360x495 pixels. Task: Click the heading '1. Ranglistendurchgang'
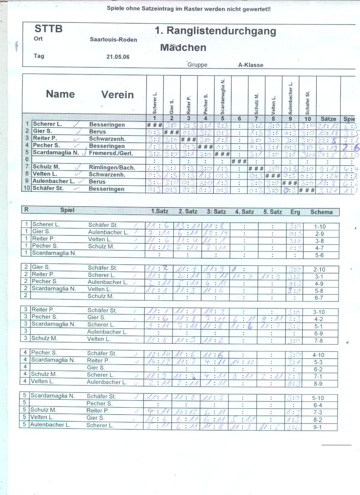[x=215, y=31]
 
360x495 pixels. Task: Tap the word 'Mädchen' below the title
[x=183, y=47]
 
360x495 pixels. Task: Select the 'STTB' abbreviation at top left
[x=48, y=29]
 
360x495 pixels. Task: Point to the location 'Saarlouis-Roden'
[x=114, y=40]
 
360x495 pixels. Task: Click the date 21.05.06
[x=118, y=57]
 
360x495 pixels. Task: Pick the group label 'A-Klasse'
[x=251, y=65]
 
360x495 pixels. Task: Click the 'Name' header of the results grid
[x=60, y=94]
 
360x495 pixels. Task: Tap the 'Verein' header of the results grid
[x=117, y=95]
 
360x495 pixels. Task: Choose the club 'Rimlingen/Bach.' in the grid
[x=112, y=168]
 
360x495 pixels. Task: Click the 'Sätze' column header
[x=328, y=119]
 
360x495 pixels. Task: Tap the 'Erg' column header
[x=295, y=212]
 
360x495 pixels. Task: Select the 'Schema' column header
[x=321, y=212]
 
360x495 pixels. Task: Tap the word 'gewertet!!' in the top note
[x=257, y=8]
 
